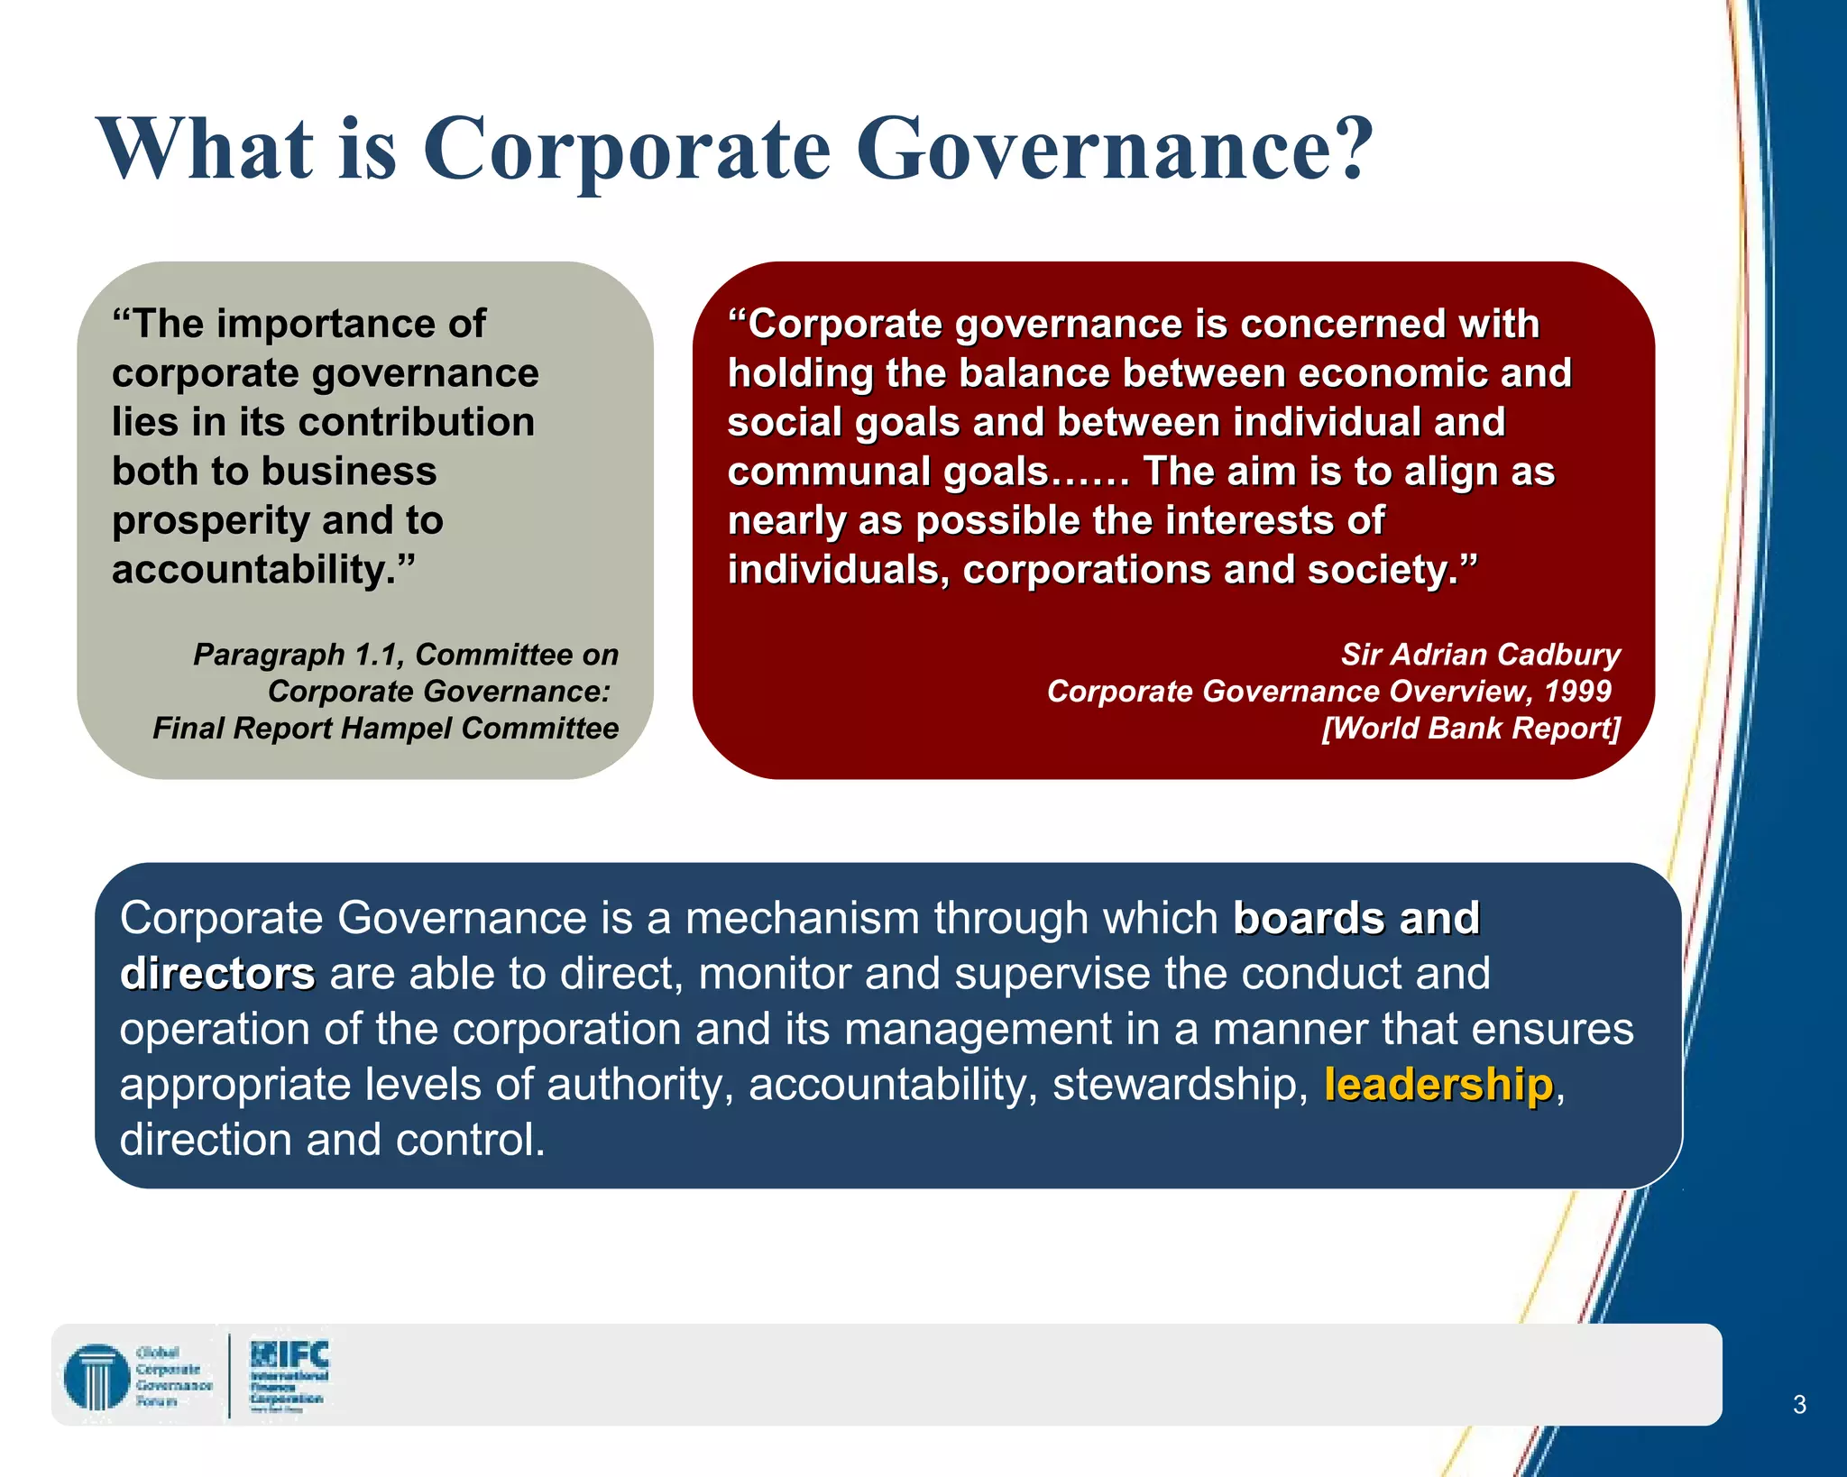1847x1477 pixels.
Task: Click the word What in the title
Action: [x=206, y=149]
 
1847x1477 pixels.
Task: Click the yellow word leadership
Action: [x=1438, y=1084]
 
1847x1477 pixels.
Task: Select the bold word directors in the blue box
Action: [x=217, y=975]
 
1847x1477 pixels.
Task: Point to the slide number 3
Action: [x=1799, y=1404]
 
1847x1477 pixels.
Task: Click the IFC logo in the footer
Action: [x=289, y=1372]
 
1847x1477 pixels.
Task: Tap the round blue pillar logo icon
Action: [x=96, y=1376]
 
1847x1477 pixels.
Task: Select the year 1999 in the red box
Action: [x=1577, y=692]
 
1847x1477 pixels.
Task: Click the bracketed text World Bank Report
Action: [x=1471, y=729]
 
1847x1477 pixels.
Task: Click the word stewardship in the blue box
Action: [x=1179, y=1084]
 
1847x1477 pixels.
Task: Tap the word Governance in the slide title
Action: [x=1113, y=149]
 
